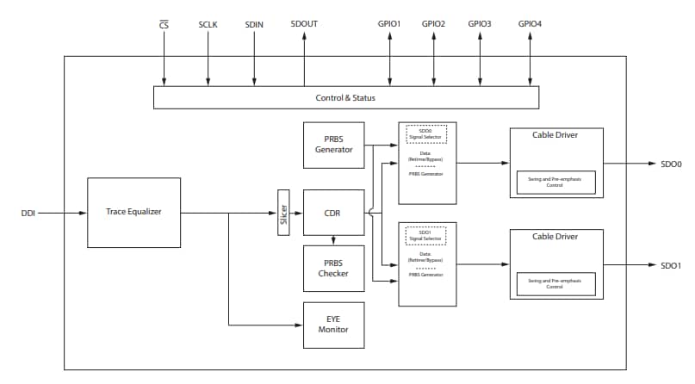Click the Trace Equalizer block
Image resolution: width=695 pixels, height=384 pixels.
pos(133,212)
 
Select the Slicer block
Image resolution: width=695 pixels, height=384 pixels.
pos(283,213)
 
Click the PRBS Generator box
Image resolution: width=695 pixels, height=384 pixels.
pos(333,145)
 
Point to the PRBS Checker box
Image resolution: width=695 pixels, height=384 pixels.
pos(333,267)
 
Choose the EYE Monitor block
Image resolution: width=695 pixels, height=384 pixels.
pos(333,325)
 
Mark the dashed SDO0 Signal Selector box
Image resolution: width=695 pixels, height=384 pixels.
pos(425,133)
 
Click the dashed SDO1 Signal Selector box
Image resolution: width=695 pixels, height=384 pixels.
pos(425,235)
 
